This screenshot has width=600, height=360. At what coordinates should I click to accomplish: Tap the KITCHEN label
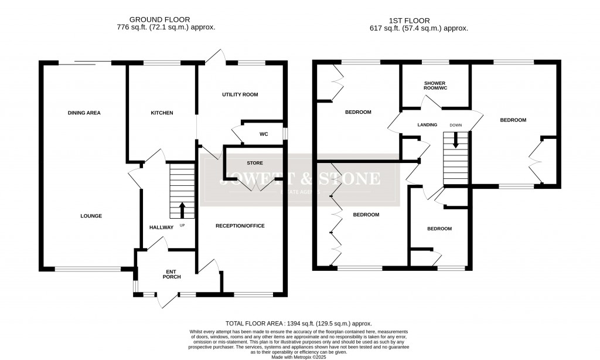click(x=162, y=113)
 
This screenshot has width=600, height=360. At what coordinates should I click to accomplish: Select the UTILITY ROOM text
click(x=240, y=94)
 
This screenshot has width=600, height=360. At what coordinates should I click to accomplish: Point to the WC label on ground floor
click(x=264, y=134)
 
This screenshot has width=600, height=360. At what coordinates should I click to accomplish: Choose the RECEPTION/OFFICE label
click(x=240, y=226)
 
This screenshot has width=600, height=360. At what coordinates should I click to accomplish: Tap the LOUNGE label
click(x=91, y=216)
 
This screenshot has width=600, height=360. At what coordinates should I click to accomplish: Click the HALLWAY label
click(x=161, y=227)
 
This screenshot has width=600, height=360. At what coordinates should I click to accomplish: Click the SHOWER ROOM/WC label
click(x=435, y=86)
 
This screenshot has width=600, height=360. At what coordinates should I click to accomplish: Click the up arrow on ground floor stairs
click(x=182, y=209)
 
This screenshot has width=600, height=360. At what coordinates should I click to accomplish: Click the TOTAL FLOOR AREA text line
click(x=299, y=324)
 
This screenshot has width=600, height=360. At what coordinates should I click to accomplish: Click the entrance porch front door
click(x=166, y=300)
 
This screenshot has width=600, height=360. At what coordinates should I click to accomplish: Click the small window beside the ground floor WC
click(x=285, y=134)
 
